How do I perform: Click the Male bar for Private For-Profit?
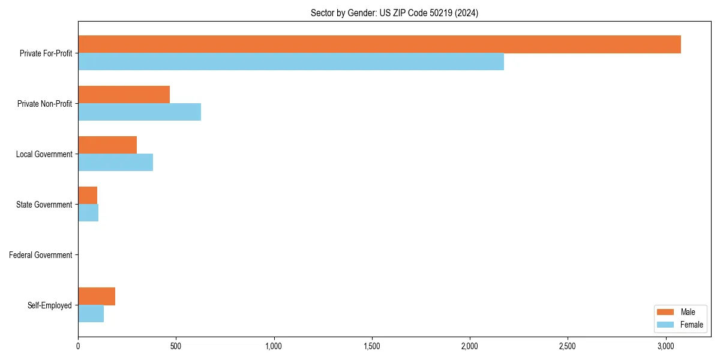tap(379, 44)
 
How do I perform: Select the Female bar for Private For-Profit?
tap(291, 62)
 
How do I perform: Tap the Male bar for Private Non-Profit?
tap(124, 95)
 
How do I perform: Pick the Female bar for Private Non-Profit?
tap(139, 112)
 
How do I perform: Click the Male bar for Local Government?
tap(107, 145)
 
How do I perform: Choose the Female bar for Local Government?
tap(115, 163)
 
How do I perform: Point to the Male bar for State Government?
tap(88, 196)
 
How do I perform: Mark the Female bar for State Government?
tap(88, 213)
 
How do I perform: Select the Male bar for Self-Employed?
tap(97, 296)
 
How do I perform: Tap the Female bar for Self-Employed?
tap(91, 314)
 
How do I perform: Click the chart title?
tap(394, 13)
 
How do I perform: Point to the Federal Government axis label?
tap(41, 255)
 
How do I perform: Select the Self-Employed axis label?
tap(50, 305)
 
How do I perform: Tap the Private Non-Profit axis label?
tap(44, 104)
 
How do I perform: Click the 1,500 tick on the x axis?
tap(372, 347)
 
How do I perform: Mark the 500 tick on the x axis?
tap(176, 347)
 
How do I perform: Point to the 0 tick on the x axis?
tap(78, 347)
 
